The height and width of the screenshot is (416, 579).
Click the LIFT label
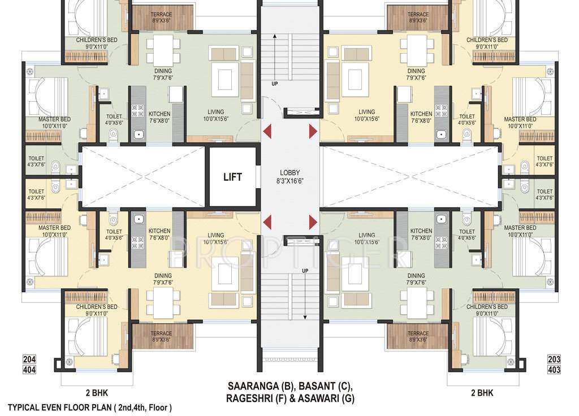coord(232,177)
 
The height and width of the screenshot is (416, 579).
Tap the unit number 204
coord(29,359)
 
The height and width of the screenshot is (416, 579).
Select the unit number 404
coord(29,370)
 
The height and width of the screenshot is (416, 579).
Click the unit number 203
coord(554,359)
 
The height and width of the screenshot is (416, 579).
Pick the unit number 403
coord(554,370)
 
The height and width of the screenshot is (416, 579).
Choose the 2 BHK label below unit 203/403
coord(482,393)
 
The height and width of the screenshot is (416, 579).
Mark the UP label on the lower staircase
coord(305,271)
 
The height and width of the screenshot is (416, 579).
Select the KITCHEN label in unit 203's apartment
coord(421,231)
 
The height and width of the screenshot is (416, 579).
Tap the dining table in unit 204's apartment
coord(163,302)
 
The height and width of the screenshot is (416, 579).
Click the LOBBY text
coord(289,173)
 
